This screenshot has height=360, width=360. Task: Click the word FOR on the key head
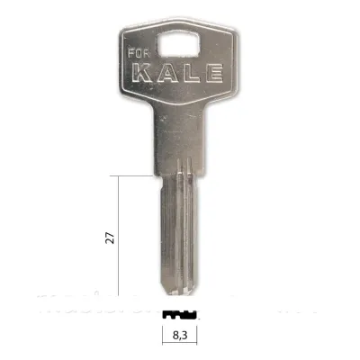pos(139,53)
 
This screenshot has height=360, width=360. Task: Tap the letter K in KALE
pos(142,72)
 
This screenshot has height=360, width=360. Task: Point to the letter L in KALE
pos(191,72)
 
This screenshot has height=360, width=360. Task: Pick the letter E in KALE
pos(213,72)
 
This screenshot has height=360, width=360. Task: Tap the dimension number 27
pos(111,238)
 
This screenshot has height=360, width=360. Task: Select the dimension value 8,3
pos(180,335)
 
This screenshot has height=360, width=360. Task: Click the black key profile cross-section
pos(180,315)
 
